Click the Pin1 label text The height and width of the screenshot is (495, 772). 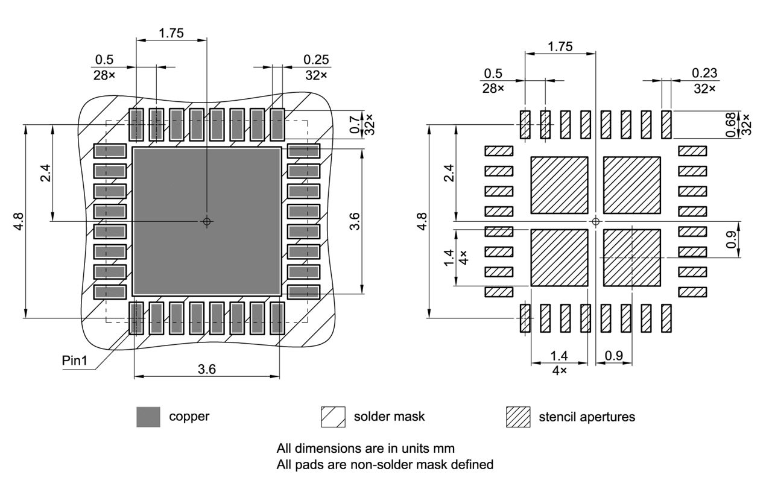click(75, 361)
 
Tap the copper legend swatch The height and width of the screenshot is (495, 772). click(148, 417)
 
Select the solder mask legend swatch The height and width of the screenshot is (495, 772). click(333, 417)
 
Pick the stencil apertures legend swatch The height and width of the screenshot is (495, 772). click(518, 417)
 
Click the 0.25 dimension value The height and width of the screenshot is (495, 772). click(316, 60)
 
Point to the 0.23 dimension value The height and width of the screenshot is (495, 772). click(704, 73)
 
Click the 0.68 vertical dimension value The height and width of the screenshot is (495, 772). click(732, 125)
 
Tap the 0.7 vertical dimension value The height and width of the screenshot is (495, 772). click(354, 125)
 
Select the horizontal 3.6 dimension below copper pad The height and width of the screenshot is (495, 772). click(207, 370)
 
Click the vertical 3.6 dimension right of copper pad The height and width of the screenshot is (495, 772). click(355, 221)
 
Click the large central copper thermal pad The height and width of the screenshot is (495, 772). click(207, 221)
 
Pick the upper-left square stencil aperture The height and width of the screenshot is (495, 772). click(559, 185)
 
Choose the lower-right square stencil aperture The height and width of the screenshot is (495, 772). click(632, 257)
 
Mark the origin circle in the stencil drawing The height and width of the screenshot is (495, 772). click(596, 221)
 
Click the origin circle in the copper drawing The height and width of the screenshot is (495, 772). click(207, 221)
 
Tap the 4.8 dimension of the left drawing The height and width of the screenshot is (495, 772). click(19, 221)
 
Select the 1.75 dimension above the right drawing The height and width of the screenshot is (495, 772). click(560, 46)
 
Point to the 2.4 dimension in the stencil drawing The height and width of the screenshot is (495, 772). click(448, 173)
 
